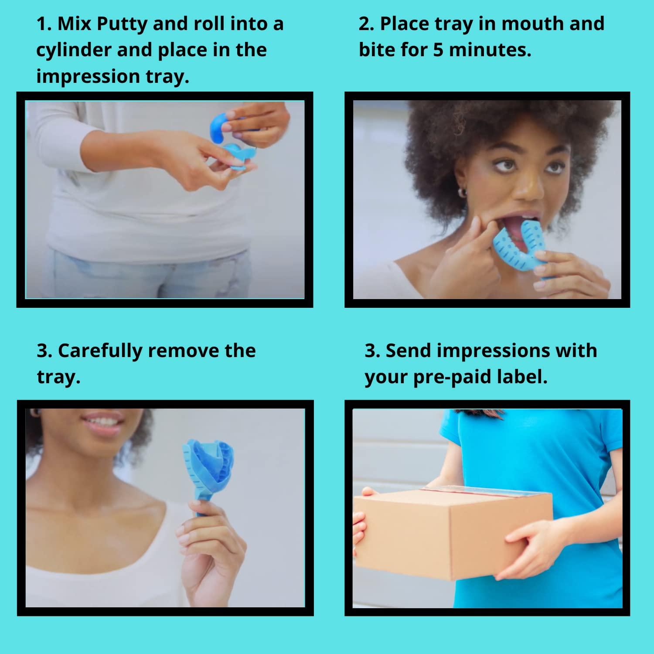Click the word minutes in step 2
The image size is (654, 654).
pos(490,50)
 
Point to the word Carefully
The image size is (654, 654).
pos(100,351)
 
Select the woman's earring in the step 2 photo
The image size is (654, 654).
pos(463,192)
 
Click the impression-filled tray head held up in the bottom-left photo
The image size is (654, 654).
pos(208,464)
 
